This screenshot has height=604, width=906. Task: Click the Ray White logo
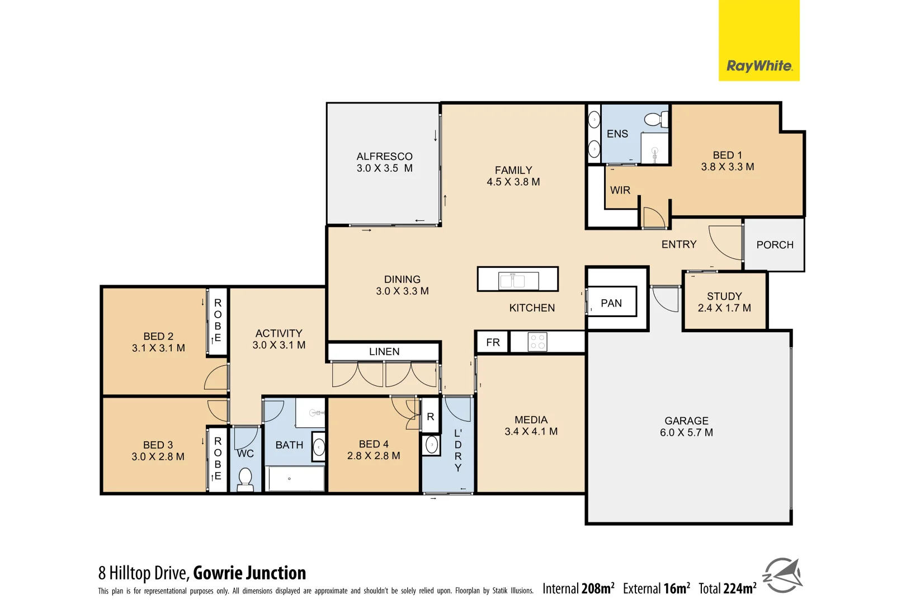coord(758,65)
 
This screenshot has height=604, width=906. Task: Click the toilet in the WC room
coord(245,478)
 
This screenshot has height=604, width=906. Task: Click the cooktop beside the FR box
coord(537,342)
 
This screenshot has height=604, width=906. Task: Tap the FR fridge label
coord(493,342)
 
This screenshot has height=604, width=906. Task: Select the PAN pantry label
coord(611,303)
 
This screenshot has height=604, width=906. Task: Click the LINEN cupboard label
coord(384,352)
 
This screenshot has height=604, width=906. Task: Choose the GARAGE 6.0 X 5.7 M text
coord(686,427)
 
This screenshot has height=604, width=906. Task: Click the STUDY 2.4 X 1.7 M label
coord(724,302)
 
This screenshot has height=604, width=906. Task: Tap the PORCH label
coord(775,245)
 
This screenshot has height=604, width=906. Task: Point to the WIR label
coord(620,190)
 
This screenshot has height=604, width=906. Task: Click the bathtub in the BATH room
coord(295,479)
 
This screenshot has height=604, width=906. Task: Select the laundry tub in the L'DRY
coord(432,445)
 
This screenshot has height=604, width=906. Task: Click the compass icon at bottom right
coord(783,575)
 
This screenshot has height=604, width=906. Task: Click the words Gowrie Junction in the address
coord(249,573)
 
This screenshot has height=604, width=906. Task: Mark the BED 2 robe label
coord(218,320)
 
